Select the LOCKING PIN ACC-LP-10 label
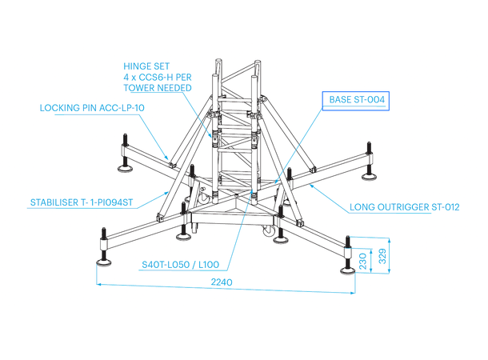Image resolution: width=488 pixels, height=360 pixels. (x=91, y=106)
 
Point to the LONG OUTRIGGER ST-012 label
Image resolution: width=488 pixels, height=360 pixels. (x=404, y=207)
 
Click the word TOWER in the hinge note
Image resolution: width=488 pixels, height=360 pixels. (x=143, y=87)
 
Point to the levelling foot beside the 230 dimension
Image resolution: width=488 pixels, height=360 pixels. (x=350, y=266)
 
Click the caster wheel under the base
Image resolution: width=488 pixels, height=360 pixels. (x=279, y=237)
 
